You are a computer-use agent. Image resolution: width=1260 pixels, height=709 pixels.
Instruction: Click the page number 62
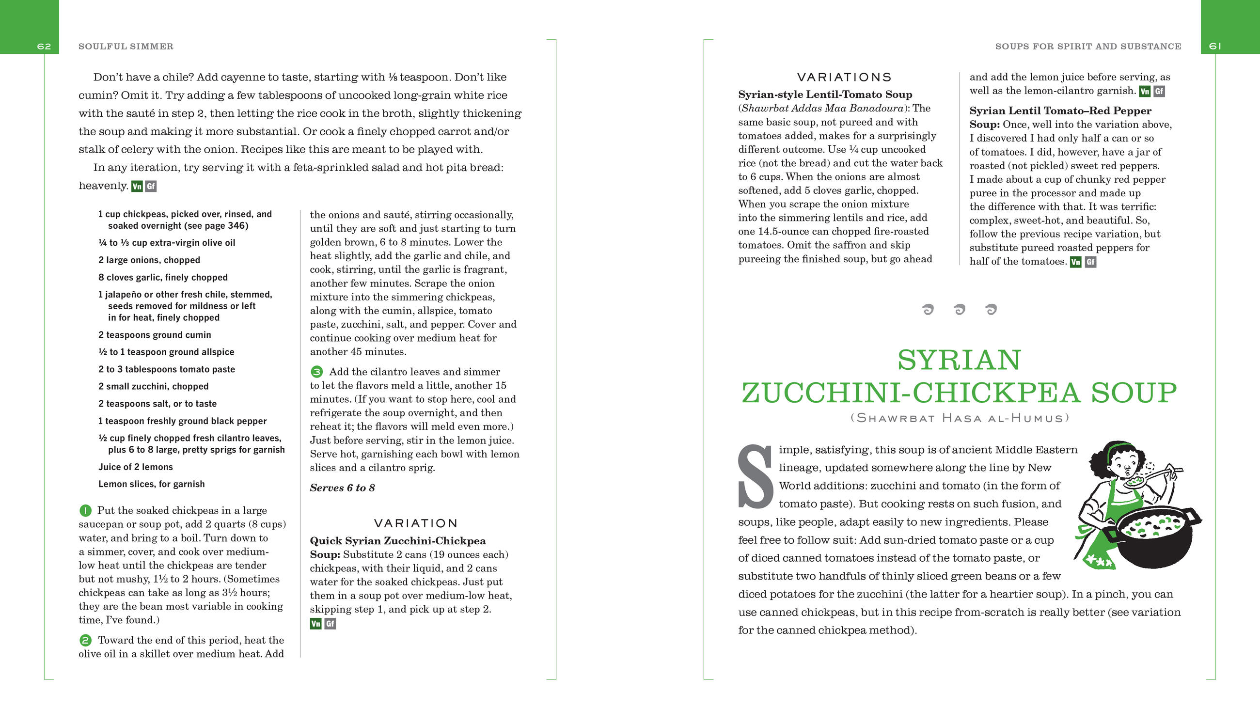[44, 47]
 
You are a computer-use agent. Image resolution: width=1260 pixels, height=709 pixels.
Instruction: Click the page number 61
[1215, 47]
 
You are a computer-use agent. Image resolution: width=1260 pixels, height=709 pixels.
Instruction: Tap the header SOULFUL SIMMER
[126, 47]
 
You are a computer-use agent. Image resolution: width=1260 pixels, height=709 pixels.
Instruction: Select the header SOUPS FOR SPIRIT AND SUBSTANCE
[1088, 47]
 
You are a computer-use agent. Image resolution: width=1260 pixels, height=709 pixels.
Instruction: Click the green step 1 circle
[85, 511]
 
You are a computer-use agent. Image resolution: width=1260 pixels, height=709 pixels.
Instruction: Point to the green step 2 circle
[85, 641]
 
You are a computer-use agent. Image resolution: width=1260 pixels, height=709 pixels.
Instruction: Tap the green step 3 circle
[316, 372]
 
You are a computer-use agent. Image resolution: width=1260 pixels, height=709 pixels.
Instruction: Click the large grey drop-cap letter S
[756, 476]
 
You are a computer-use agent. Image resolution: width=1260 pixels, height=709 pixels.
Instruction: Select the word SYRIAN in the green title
[959, 360]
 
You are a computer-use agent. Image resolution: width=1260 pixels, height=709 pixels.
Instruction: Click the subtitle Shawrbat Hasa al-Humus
[960, 418]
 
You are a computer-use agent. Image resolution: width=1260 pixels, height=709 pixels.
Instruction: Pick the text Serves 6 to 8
[343, 488]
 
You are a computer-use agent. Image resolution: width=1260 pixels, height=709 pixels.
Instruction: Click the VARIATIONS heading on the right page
[844, 78]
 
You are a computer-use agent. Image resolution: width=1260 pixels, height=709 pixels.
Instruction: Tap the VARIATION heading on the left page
[416, 523]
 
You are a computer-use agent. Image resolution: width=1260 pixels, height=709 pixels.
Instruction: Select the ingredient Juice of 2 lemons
[136, 467]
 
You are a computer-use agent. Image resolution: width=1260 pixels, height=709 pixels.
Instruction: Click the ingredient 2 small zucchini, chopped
[153, 387]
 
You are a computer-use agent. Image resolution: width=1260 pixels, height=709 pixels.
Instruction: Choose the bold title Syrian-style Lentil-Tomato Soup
[825, 95]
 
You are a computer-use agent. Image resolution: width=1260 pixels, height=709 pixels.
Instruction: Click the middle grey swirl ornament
[959, 309]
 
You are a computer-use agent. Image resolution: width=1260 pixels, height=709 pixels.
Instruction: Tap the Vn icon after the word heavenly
[137, 187]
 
